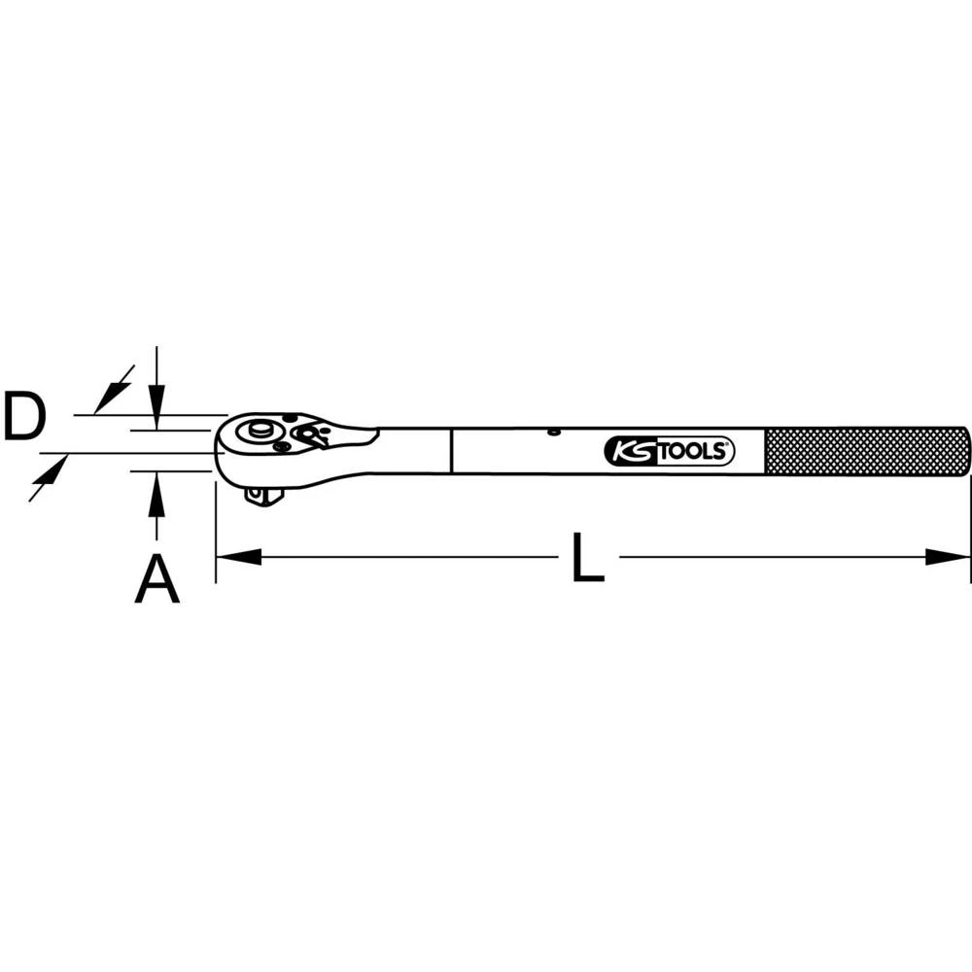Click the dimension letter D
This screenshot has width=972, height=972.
24,416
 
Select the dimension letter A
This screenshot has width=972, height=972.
156,580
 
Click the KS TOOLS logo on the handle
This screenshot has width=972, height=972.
669,451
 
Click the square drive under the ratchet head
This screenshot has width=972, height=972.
261,496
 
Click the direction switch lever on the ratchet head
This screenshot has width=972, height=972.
310,436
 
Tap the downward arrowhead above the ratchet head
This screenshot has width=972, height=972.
156,399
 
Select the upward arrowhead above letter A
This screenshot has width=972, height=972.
156,490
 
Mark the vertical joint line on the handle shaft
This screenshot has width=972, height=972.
452,451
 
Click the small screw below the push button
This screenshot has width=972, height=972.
280,446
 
